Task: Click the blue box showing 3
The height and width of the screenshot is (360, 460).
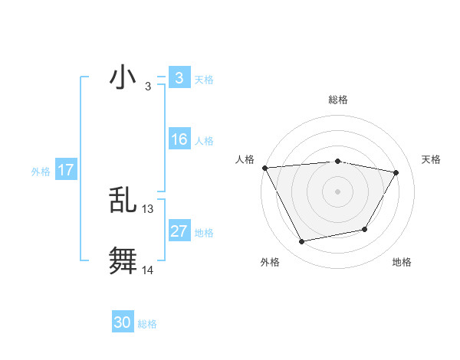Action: click(x=179, y=78)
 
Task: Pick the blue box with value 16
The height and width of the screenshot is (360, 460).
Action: click(x=179, y=139)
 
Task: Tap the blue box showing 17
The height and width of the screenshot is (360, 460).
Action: click(x=66, y=170)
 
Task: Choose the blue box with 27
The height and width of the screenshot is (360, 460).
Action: click(x=179, y=231)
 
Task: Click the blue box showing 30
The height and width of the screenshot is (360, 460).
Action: click(x=123, y=322)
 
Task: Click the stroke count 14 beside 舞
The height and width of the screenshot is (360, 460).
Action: click(x=148, y=270)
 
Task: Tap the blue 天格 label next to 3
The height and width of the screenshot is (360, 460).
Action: click(x=204, y=80)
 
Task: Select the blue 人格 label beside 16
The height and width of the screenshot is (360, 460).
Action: click(x=204, y=141)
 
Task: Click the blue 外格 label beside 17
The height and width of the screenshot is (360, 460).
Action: click(x=41, y=172)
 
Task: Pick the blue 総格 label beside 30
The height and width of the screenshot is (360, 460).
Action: click(x=147, y=324)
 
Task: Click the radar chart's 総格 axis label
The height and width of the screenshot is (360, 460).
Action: click(x=337, y=100)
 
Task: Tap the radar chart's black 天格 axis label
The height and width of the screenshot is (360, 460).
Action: click(x=431, y=159)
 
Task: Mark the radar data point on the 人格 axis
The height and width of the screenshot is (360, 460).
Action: click(x=264, y=168)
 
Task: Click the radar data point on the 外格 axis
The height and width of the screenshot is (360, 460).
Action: click(x=302, y=242)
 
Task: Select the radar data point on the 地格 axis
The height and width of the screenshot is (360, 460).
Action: click(x=365, y=229)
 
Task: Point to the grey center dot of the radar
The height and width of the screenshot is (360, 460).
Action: click(x=337, y=191)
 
